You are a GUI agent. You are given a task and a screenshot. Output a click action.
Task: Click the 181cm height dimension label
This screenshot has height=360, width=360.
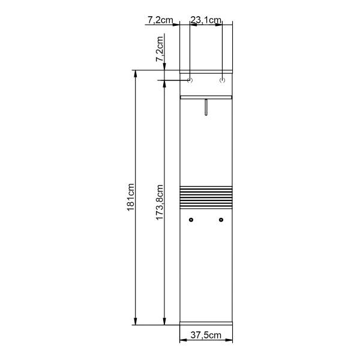tap(131, 197)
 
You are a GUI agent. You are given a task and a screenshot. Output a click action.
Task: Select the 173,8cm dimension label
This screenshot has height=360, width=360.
tap(160, 202)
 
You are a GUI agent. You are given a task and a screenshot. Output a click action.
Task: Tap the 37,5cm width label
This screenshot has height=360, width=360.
tap(206, 335)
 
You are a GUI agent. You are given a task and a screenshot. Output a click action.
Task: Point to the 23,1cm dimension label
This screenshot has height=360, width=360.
tap(206, 20)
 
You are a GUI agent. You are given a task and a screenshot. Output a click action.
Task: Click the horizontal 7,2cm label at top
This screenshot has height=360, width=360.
tap(160, 20)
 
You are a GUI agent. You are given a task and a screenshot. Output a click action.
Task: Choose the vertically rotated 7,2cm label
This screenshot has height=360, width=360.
tap(160, 49)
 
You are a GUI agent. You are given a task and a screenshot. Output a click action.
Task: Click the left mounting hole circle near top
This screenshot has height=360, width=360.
tap(190, 80)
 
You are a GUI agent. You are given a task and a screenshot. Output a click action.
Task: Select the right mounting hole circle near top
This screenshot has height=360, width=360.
tap(222, 80)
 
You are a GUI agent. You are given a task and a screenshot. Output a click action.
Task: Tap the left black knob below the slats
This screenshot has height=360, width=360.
tap(191, 220)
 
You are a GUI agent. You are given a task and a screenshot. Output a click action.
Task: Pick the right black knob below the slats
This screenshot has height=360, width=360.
tap(221, 220)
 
